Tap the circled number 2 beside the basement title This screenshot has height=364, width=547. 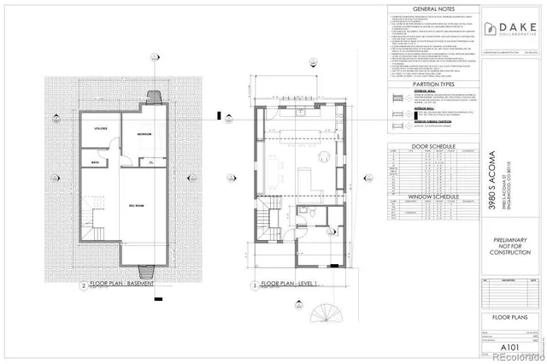coord(83,286)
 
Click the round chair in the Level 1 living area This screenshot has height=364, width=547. coord(325,156)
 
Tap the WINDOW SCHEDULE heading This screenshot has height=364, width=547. coord(417,196)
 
